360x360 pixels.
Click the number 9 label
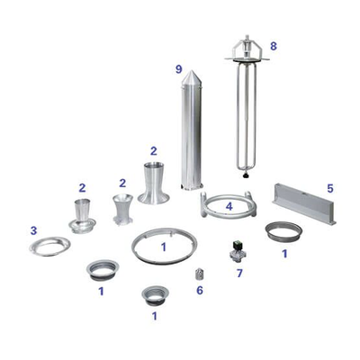179,69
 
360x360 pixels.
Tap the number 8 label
274,46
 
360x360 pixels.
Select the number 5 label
330,189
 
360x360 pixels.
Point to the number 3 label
33,230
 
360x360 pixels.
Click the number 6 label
200,290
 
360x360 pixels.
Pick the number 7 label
239,273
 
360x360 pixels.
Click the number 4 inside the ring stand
229,206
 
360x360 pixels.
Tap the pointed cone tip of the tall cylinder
192,71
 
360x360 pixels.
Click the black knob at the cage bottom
247,175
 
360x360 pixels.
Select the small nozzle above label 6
199,274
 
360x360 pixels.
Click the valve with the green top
238,249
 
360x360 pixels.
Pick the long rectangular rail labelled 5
304,203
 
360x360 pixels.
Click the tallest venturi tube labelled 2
154,183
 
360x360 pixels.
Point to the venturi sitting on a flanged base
82,216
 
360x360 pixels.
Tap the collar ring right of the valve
283,231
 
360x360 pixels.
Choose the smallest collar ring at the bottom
155,295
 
